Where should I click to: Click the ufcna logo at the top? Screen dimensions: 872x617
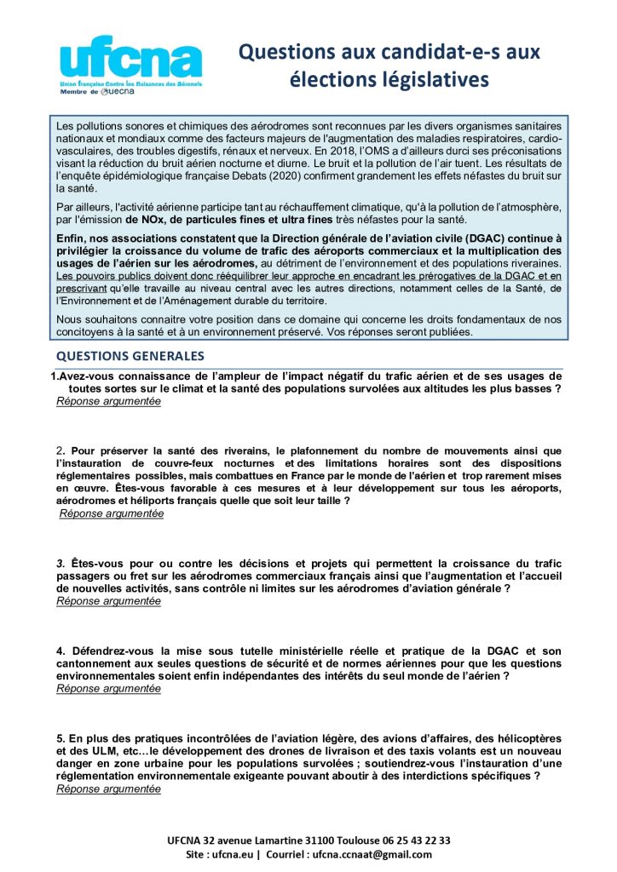130,60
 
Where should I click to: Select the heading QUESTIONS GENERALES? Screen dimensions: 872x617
130,356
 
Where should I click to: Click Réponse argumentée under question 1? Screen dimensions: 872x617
108,401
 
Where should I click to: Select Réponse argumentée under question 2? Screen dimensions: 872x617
111,513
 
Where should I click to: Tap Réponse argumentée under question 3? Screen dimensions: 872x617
108,600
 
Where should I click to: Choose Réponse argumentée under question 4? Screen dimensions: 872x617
108,688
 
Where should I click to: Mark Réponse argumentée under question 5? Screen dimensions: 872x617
108,789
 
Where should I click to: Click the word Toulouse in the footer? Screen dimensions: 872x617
339,840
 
